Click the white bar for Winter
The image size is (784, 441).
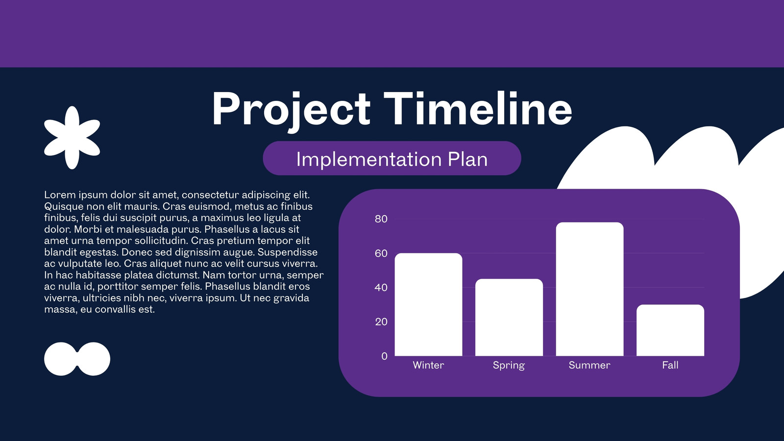coord(428,304)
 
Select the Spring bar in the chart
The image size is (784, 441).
coord(509,318)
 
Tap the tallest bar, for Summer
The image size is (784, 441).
coord(590,289)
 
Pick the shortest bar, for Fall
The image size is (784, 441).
coord(670,330)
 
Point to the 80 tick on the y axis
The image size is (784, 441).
coord(381,219)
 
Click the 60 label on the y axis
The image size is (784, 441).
coord(381,253)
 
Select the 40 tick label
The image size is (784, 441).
coord(381,288)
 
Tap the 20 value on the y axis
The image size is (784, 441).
coord(381,322)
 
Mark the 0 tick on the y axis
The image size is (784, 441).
coord(384,356)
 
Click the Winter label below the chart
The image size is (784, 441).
coord(428,365)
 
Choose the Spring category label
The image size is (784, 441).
coord(509,366)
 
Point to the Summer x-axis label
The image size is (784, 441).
coord(589,365)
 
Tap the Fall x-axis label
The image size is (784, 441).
coord(670,365)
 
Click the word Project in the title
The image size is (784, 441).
coord(291,110)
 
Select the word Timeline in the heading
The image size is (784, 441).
coord(478,108)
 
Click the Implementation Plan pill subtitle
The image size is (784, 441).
coord(392,158)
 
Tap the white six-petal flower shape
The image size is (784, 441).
coord(72,138)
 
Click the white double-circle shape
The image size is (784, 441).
coord(77,359)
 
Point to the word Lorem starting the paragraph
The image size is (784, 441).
coord(60,195)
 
